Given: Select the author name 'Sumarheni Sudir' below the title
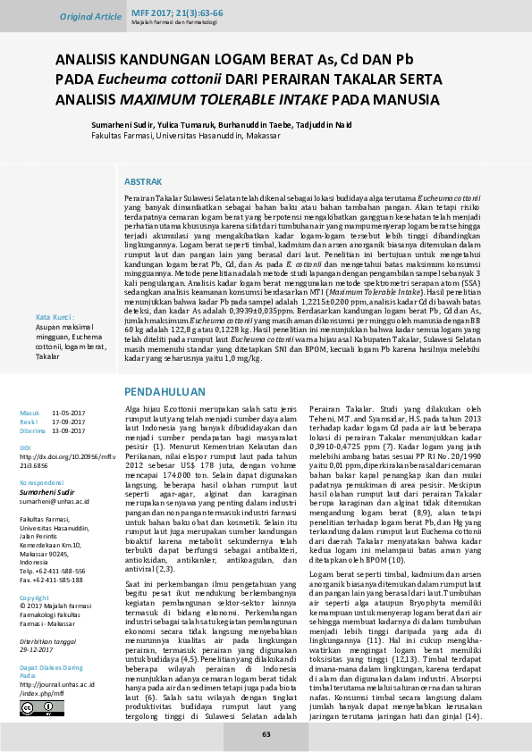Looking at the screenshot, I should click(124, 125).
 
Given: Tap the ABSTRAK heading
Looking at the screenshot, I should click(142, 180).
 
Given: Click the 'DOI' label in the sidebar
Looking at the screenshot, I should click(25, 446).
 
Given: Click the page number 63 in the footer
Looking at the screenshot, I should click(266, 734).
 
